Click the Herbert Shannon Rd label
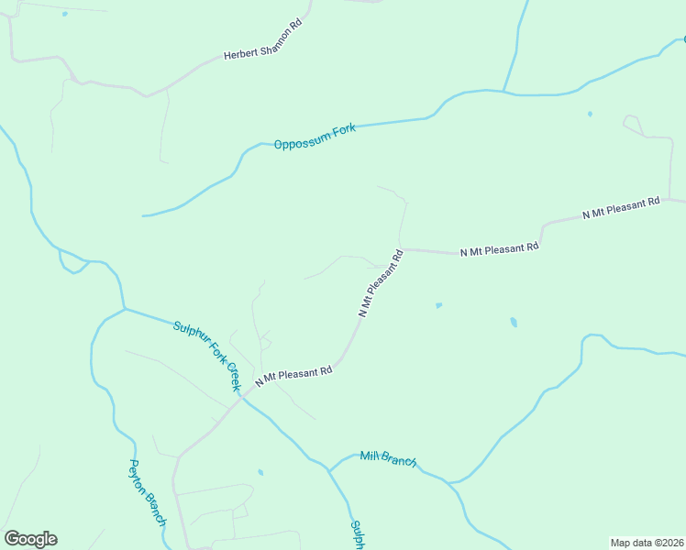tap(262, 43)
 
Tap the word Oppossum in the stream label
tap(295, 141)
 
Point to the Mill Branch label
tap(388, 458)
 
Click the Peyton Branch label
tap(147, 492)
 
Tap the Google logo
tap(30, 539)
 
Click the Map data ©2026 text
tap(647, 543)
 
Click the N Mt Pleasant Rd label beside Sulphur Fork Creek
tap(293, 375)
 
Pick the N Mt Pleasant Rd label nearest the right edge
tap(621, 208)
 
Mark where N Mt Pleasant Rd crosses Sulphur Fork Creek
tap(240, 397)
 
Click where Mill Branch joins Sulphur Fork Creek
tap(328, 470)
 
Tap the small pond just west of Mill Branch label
tap(260, 473)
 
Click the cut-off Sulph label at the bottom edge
tap(358, 535)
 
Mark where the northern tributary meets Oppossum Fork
tap(503, 91)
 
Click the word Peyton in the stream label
tap(138, 475)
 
